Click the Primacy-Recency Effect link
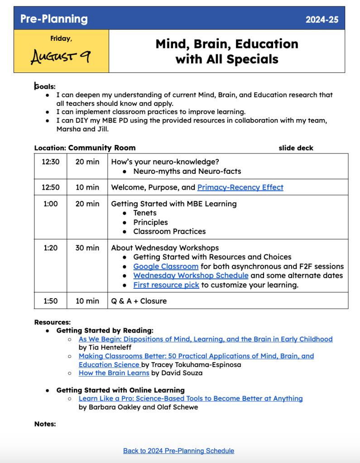click(240, 187)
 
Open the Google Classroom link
click(166, 267)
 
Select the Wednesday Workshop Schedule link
click(191, 276)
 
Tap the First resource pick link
click(166, 285)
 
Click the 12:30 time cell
click(51, 162)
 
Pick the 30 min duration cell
click(87, 248)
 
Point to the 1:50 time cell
click(51, 301)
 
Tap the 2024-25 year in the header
click(322, 19)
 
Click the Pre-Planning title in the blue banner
click(54, 19)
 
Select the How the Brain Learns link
click(114, 373)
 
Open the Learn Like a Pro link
click(191, 399)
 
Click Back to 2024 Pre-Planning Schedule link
click(178, 451)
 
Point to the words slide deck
click(296, 148)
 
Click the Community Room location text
click(102, 148)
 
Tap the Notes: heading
click(45, 424)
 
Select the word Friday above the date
click(61, 39)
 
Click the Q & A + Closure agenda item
click(139, 301)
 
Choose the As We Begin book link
click(206, 339)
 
